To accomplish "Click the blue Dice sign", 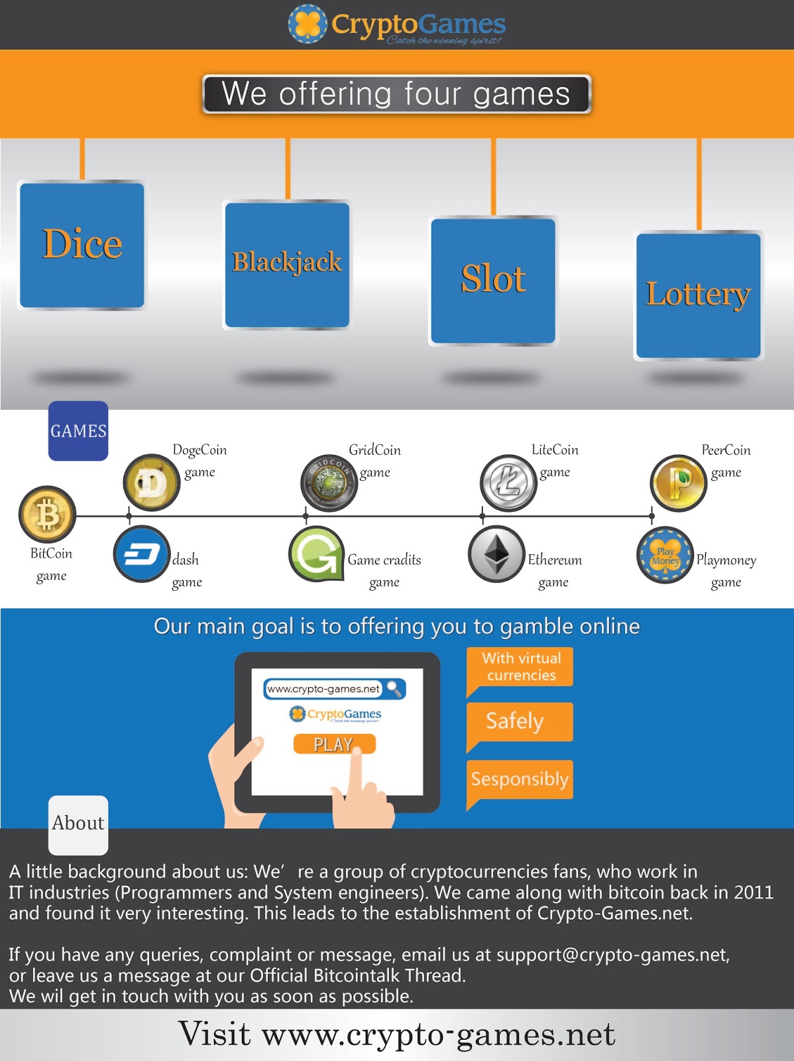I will coord(82,245).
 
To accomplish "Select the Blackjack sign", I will coord(287,265).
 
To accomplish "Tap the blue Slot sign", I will coord(493,281).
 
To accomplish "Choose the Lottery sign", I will coord(698,296).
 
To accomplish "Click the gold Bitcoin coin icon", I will coord(47,515).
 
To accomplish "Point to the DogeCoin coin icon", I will coord(152,482).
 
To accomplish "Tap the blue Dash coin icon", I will coord(141,554).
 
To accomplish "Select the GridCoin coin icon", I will coord(329,482).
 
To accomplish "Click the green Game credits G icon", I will coord(317,554).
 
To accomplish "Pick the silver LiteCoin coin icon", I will coord(508,482).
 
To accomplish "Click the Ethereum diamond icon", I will coord(496,554).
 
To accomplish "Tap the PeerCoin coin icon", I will coord(678,482).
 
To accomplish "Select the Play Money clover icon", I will coord(665,554).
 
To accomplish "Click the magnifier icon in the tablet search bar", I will coord(394,689).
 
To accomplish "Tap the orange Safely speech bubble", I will coord(519,721).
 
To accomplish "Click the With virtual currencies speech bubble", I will coord(520,667).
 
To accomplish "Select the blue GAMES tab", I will coord(78,431).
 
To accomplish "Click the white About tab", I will coord(78,824).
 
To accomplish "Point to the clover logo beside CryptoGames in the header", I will coord(308,25).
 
